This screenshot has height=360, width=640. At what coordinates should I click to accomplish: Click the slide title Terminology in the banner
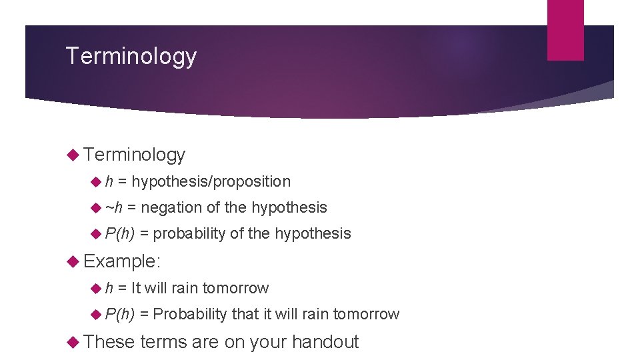(131, 56)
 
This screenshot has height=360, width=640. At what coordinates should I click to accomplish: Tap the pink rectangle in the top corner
(565, 30)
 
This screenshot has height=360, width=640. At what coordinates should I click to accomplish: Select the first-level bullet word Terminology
(135, 155)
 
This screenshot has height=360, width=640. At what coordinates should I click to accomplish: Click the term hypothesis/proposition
(211, 181)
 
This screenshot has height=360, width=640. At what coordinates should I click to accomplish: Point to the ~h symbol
(114, 207)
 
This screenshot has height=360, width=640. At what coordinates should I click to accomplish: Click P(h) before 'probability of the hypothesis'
(120, 233)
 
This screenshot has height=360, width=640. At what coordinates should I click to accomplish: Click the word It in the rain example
(136, 288)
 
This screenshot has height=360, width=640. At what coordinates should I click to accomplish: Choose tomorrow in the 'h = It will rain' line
(235, 288)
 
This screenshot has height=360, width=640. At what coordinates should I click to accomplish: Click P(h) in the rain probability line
(120, 314)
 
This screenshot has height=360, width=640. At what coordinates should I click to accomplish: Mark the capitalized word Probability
(190, 314)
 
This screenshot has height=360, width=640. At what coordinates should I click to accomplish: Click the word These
(110, 342)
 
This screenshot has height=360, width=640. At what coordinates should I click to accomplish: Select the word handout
(325, 342)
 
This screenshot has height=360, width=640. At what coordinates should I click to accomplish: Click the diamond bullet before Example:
(75, 261)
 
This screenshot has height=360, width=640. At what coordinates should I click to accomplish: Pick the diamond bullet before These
(75, 342)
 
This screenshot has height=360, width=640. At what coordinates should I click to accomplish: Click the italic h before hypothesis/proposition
(109, 181)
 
